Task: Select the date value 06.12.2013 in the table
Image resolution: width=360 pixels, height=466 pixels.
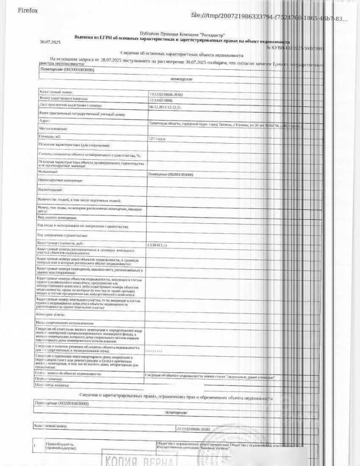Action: point(165,107)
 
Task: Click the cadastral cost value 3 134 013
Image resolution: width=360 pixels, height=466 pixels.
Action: point(158,245)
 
